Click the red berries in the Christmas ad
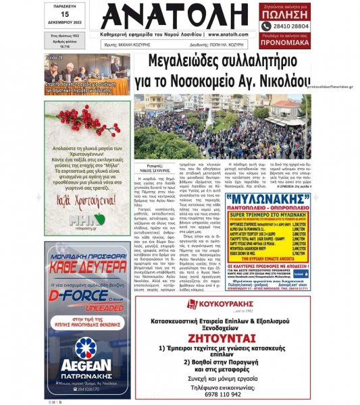72,119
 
